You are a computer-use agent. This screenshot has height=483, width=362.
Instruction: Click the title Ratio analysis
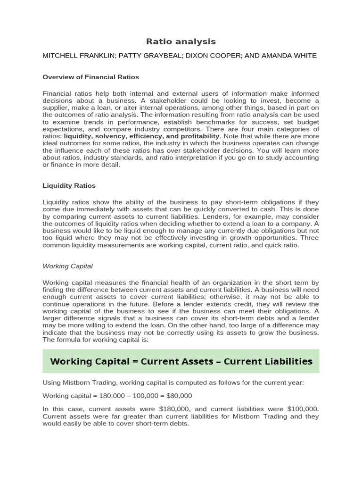tap(181, 42)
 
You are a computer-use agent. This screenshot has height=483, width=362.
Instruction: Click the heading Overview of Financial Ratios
tap(90, 77)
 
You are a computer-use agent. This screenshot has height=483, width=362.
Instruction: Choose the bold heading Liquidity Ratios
tap(69, 186)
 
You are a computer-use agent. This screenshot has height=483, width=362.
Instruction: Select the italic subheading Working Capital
tap(67, 266)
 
